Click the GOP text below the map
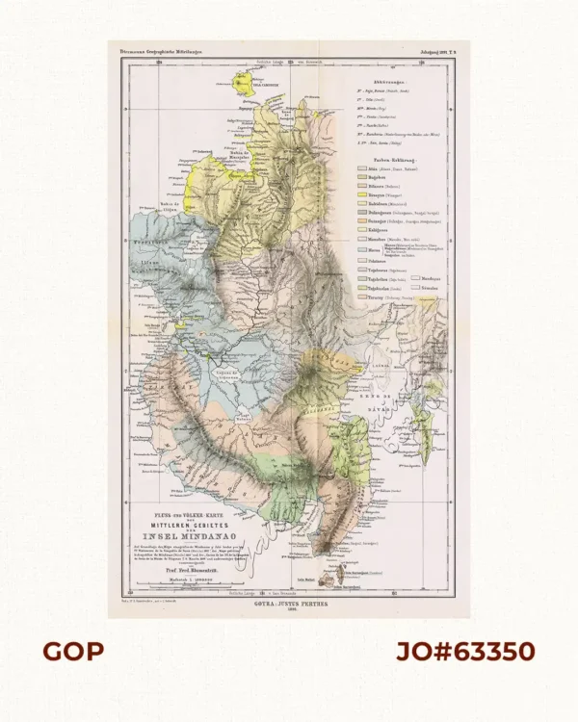coord(73,652)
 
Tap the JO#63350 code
coord(466,652)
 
